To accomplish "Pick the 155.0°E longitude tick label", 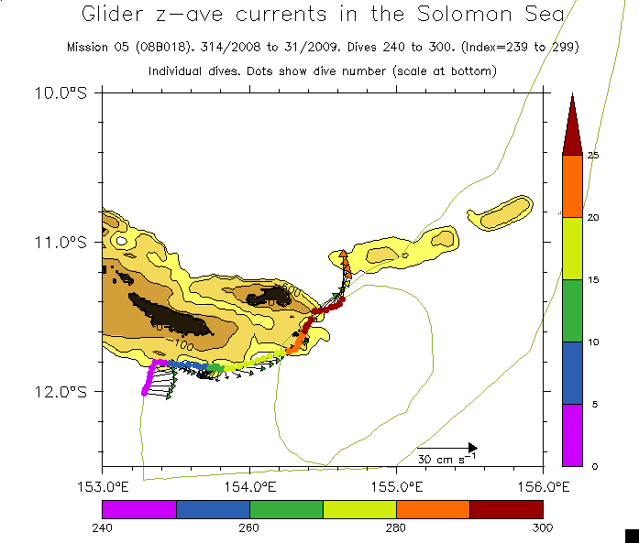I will tap(396, 484).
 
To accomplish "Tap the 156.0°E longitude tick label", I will tap(543, 484).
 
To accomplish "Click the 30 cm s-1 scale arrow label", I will tap(447, 458).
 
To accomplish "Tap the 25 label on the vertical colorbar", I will tap(593, 156).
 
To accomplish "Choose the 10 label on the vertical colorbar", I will tap(593, 342).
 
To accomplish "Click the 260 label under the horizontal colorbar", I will tap(249, 527).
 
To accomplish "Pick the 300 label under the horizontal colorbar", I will tap(543, 527).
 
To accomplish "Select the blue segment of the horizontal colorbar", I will tap(213, 509).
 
